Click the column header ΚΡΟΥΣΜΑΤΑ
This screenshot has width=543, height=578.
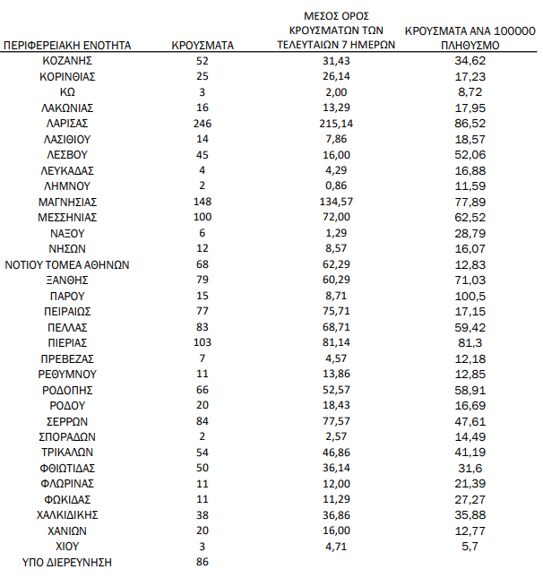click(202, 44)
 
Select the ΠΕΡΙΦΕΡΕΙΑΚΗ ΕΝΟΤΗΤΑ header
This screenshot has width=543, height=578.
click(68, 44)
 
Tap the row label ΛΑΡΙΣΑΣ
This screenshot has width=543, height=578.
click(68, 123)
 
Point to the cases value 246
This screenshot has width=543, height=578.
click(202, 123)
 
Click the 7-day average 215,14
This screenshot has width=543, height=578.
click(336, 123)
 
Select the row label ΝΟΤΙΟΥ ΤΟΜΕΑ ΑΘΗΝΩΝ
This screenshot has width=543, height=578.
click(68, 263)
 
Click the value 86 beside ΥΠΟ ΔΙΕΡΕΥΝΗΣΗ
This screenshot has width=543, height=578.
click(202, 562)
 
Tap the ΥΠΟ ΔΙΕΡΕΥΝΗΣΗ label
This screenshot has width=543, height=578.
click(68, 562)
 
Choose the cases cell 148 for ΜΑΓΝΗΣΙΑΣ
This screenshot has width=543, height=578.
click(202, 201)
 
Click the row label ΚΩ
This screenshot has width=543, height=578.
click(68, 91)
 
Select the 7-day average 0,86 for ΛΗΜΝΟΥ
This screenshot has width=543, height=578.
click(336, 185)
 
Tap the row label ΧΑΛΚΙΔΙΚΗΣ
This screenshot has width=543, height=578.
click(68, 514)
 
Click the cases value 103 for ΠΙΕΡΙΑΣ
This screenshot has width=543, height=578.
click(202, 342)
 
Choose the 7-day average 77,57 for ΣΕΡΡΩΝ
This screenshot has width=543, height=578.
click(336, 420)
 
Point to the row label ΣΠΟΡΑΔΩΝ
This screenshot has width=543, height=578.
click(68, 436)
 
